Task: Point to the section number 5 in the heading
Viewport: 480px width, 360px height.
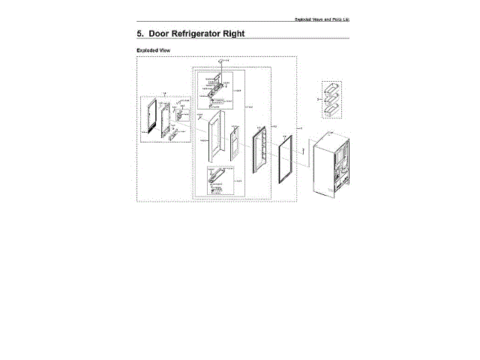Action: (x=140, y=34)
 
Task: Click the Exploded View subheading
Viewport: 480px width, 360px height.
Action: (x=152, y=50)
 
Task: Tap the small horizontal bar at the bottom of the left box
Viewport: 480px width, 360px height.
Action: (x=178, y=136)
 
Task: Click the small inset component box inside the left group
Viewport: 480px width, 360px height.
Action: (x=179, y=117)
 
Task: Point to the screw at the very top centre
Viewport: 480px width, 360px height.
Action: (x=219, y=61)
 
